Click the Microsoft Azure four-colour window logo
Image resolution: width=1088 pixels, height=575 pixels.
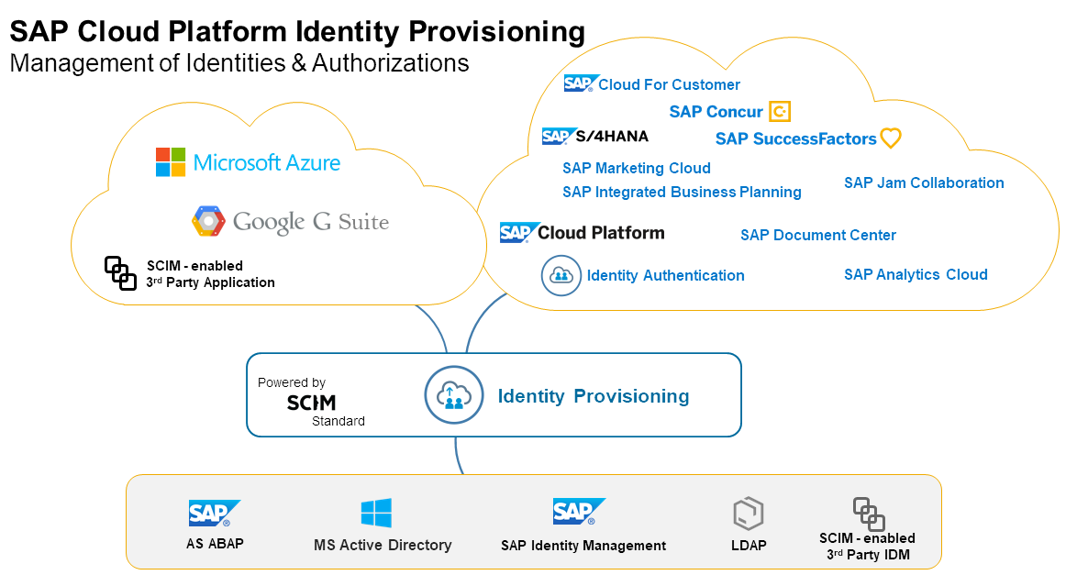[170, 161]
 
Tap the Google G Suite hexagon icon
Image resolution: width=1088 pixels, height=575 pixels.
[208, 221]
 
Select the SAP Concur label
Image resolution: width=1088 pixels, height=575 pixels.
[716, 112]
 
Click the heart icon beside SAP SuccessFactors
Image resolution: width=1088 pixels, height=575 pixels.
[890, 138]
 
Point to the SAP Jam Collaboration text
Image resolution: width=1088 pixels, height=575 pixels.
[924, 182]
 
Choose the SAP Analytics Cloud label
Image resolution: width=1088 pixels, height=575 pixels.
[916, 274]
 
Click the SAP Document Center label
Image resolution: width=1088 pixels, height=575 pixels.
[818, 235]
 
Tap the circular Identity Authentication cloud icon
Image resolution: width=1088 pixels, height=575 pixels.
[561, 275]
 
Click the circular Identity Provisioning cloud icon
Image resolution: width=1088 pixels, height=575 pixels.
[453, 395]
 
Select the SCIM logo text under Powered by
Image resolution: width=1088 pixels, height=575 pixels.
[311, 403]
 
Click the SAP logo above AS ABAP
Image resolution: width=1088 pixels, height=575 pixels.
[214, 513]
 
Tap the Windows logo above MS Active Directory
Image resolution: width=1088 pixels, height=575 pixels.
[376, 513]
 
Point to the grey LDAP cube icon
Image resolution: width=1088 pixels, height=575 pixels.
[749, 514]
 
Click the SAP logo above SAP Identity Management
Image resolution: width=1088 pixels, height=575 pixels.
[578, 512]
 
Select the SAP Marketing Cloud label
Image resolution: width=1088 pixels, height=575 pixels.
[636, 168]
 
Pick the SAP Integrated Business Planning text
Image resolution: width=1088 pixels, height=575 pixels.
[682, 192]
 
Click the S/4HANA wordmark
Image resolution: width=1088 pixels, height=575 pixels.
[611, 137]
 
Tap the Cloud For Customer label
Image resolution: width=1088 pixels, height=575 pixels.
[669, 84]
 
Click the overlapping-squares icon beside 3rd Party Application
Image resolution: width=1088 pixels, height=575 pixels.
[120, 272]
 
